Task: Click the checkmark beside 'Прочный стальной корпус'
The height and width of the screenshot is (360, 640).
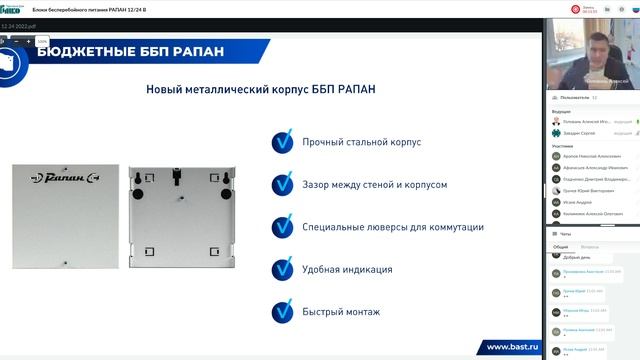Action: (x=283, y=142)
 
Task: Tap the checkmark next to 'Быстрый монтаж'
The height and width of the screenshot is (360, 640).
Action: (x=283, y=311)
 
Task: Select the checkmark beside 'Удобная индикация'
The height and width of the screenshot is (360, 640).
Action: (x=283, y=269)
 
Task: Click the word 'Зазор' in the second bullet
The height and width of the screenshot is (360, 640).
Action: (x=318, y=185)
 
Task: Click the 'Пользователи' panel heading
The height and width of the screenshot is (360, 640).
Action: (x=575, y=98)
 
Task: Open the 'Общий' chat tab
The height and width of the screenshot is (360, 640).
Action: (x=561, y=245)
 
